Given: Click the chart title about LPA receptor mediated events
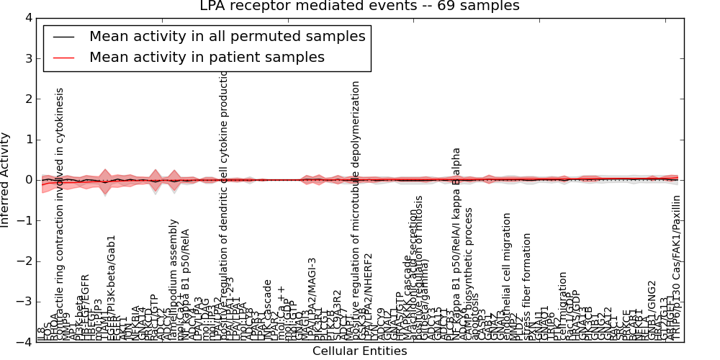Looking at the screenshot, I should [359, 6].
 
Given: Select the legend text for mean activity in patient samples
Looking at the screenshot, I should [207, 58].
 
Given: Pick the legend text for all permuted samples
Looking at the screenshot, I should [227, 36].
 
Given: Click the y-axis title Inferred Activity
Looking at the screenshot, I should [6, 180].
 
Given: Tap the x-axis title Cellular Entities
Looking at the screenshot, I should [359, 351].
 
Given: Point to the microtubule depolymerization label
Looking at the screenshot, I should [356, 210].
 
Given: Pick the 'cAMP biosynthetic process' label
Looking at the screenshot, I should [469, 274].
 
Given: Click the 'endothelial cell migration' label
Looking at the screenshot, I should [507, 276].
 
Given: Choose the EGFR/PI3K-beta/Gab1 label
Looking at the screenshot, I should [112, 288].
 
